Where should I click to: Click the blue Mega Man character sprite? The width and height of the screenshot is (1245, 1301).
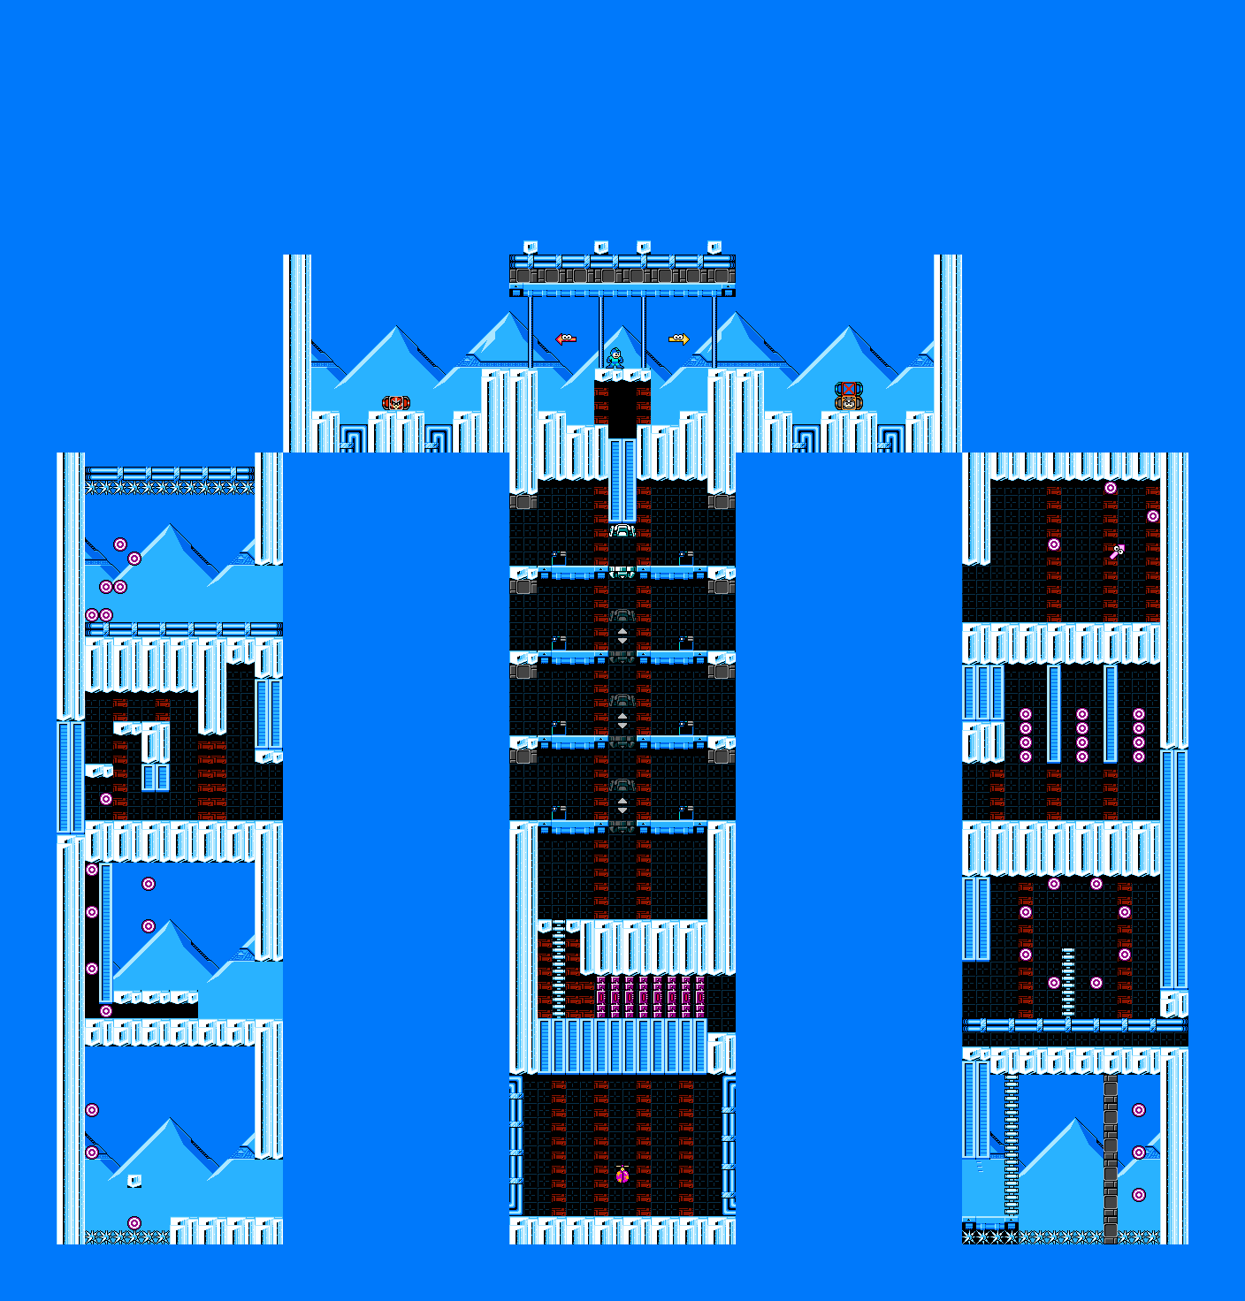tap(615, 358)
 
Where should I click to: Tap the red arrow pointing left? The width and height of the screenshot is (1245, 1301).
tap(566, 339)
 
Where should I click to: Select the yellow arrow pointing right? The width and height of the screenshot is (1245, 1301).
tap(678, 339)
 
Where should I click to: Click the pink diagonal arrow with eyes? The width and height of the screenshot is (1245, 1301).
tap(1118, 552)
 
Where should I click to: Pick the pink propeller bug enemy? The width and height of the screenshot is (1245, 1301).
tap(622, 1175)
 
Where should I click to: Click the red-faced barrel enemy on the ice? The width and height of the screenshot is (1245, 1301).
tap(395, 403)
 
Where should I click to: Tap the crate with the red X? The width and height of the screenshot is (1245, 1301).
tap(848, 389)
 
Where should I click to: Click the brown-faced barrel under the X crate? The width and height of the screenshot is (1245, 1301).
tap(848, 403)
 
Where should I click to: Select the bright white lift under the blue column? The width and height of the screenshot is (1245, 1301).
tap(622, 530)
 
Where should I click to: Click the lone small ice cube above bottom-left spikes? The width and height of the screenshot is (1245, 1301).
tap(134, 1181)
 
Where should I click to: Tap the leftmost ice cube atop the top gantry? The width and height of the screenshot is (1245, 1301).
tap(531, 247)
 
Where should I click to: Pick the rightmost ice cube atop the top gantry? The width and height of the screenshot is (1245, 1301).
tap(714, 247)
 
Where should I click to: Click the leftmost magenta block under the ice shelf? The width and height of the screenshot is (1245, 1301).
tap(601, 997)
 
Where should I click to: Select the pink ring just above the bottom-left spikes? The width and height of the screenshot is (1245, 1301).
tap(134, 1223)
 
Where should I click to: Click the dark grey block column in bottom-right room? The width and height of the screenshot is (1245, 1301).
tap(1111, 1158)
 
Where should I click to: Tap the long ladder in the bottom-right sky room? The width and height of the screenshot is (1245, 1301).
tap(1012, 1145)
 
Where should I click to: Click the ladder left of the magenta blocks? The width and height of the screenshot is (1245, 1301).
tap(559, 969)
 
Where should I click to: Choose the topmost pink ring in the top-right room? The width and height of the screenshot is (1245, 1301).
tap(1111, 488)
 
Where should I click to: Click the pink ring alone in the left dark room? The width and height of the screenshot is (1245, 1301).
tap(106, 799)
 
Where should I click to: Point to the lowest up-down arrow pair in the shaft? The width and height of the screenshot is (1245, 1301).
tap(622, 805)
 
